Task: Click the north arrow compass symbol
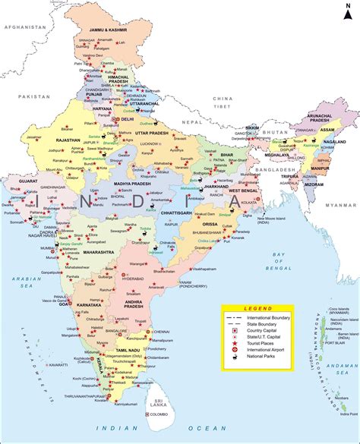tap(347, 14)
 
